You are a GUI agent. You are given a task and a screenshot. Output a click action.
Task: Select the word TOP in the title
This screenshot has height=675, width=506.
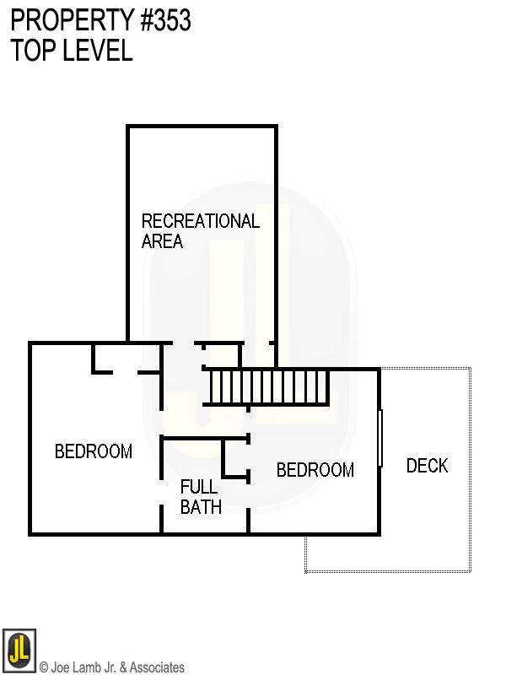coord(31,50)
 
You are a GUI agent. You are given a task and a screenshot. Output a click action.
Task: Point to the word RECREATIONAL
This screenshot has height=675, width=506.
coord(200,221)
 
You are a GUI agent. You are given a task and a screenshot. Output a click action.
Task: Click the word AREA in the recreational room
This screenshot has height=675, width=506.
coord(162,241)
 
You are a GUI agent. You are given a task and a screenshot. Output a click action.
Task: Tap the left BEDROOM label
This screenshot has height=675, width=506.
coord(94,451)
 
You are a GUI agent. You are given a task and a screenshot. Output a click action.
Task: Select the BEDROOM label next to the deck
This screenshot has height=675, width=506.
coord(315,470)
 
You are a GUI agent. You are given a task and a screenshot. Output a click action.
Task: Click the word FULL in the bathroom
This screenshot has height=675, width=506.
coord(199,487)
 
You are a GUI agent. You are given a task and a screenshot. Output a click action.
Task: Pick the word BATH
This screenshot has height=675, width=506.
coord(201,507)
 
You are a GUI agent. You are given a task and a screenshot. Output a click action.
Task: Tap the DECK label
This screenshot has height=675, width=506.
coord(427,466)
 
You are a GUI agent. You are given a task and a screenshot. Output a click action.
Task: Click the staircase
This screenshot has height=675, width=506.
coord(268,387)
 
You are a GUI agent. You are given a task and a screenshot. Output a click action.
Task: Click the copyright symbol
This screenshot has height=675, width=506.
coord(44,667)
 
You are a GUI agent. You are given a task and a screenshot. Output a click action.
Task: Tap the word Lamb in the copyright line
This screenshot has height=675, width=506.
coord(84,667)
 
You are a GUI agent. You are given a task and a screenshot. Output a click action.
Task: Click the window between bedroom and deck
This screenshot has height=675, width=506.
coord(380,438)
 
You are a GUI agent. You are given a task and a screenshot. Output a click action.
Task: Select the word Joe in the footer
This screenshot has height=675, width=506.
coord(60,667)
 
